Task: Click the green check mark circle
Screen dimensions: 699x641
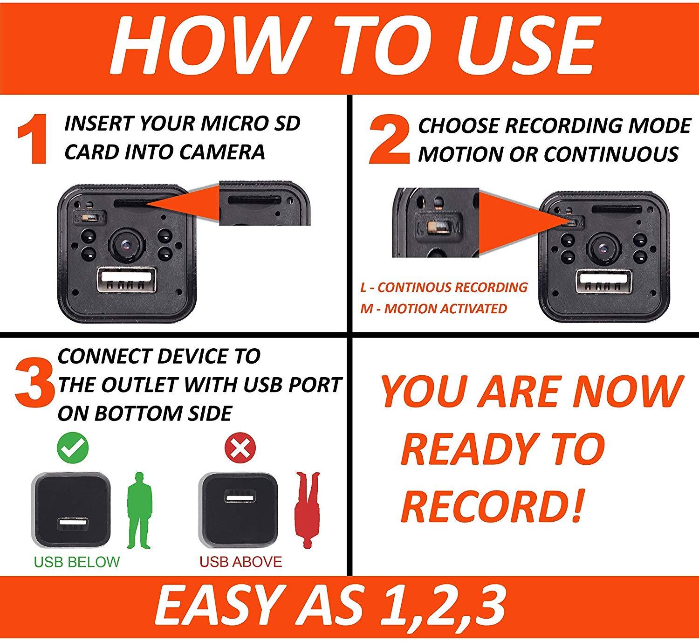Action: click(x=73, y=448)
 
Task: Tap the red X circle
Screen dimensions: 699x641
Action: click(x=240, y=448)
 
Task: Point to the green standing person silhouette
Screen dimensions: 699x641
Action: click(x=139, y=510)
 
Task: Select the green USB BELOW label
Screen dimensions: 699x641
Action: click(x=77, y=562)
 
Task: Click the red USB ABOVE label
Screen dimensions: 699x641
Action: click(x=241, y=562)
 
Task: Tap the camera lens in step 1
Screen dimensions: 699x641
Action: click(x=126, y=245)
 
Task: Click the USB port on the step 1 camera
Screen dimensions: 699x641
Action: click(x=126, y=280)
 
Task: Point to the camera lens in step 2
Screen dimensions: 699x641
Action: click(x=603, y=248)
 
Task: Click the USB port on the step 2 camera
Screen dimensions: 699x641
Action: click(x=604, y=282)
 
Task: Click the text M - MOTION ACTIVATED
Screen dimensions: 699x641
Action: click(x=433, y=309)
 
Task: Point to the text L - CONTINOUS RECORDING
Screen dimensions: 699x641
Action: click(x=444, y=287)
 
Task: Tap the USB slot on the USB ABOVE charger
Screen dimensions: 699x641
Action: click(x=240, y=496)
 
